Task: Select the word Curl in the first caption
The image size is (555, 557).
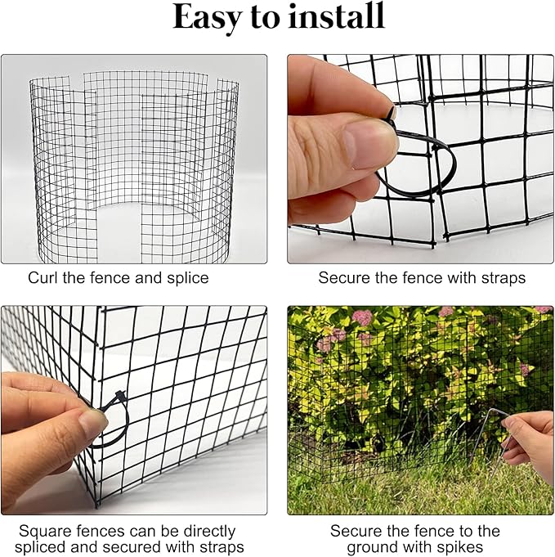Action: [x=43, y=278]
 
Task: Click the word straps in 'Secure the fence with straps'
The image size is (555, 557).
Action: [x=502, y=278]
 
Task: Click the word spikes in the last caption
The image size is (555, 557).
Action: [x=459, y=547]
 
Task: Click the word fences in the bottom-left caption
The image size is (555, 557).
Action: [x=92, y=531]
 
